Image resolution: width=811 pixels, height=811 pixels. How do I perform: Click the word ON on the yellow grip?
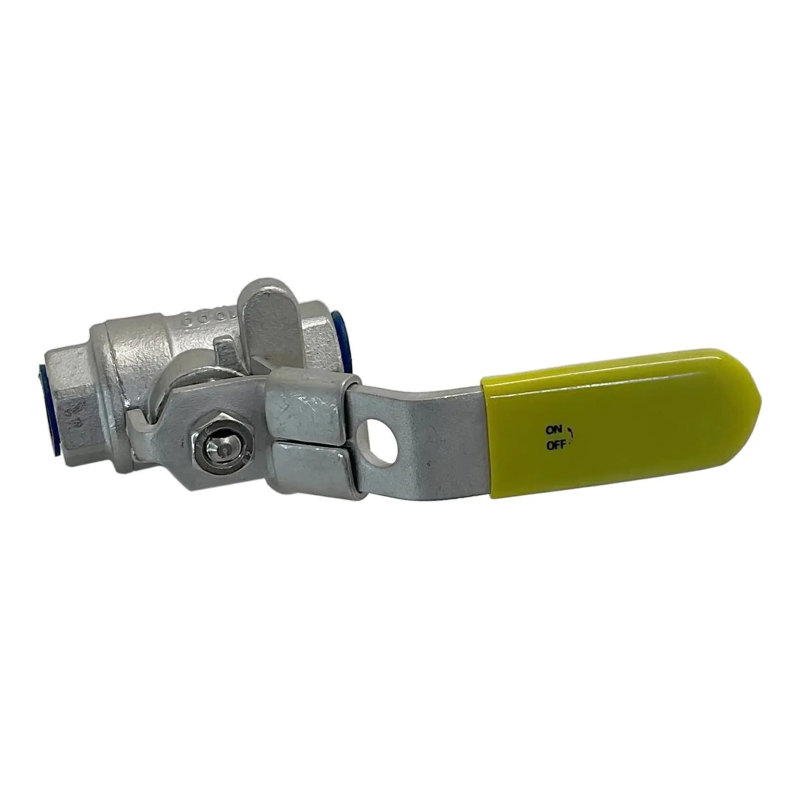click(553, 430)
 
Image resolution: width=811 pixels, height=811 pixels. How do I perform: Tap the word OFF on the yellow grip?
click(555, 446)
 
